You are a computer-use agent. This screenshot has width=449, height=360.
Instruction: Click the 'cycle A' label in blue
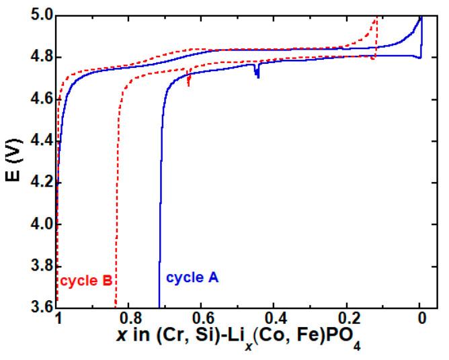pos(192,277)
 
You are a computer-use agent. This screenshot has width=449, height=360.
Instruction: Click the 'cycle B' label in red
pos(85,281)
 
